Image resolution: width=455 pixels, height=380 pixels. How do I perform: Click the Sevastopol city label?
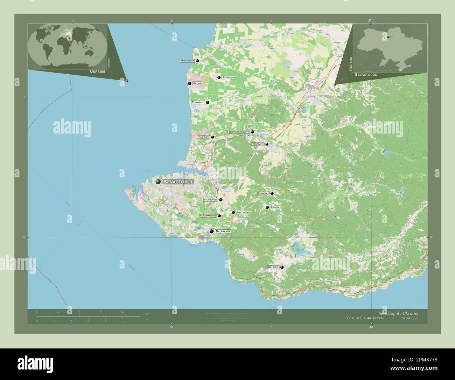point(178,182)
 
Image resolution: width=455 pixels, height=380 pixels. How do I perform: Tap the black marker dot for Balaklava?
point(211,231)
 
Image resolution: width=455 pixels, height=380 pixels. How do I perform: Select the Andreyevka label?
point(187,61)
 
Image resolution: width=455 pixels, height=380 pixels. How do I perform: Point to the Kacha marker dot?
point(189,83)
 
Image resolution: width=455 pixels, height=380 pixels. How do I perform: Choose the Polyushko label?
point(198,102)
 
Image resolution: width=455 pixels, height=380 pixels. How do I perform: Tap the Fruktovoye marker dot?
point(212,137)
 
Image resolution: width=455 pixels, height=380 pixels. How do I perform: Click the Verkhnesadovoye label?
point(238,132)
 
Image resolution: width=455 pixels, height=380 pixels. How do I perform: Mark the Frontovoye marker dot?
point(267,144)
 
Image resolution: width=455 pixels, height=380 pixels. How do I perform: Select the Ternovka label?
point(263,193)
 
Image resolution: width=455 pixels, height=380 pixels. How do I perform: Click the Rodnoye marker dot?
point(267,208)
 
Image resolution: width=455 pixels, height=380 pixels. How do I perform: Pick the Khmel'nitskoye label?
point(244,212)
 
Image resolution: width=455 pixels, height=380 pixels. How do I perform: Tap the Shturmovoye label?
point(210,200)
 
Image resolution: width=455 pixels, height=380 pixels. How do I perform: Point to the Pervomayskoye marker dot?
point(219,216)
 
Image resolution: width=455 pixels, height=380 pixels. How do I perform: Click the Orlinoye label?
point(273,267)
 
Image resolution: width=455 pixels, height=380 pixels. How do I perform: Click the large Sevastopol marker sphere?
point(158,182)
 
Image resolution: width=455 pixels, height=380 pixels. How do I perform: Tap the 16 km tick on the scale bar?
point(122,312)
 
